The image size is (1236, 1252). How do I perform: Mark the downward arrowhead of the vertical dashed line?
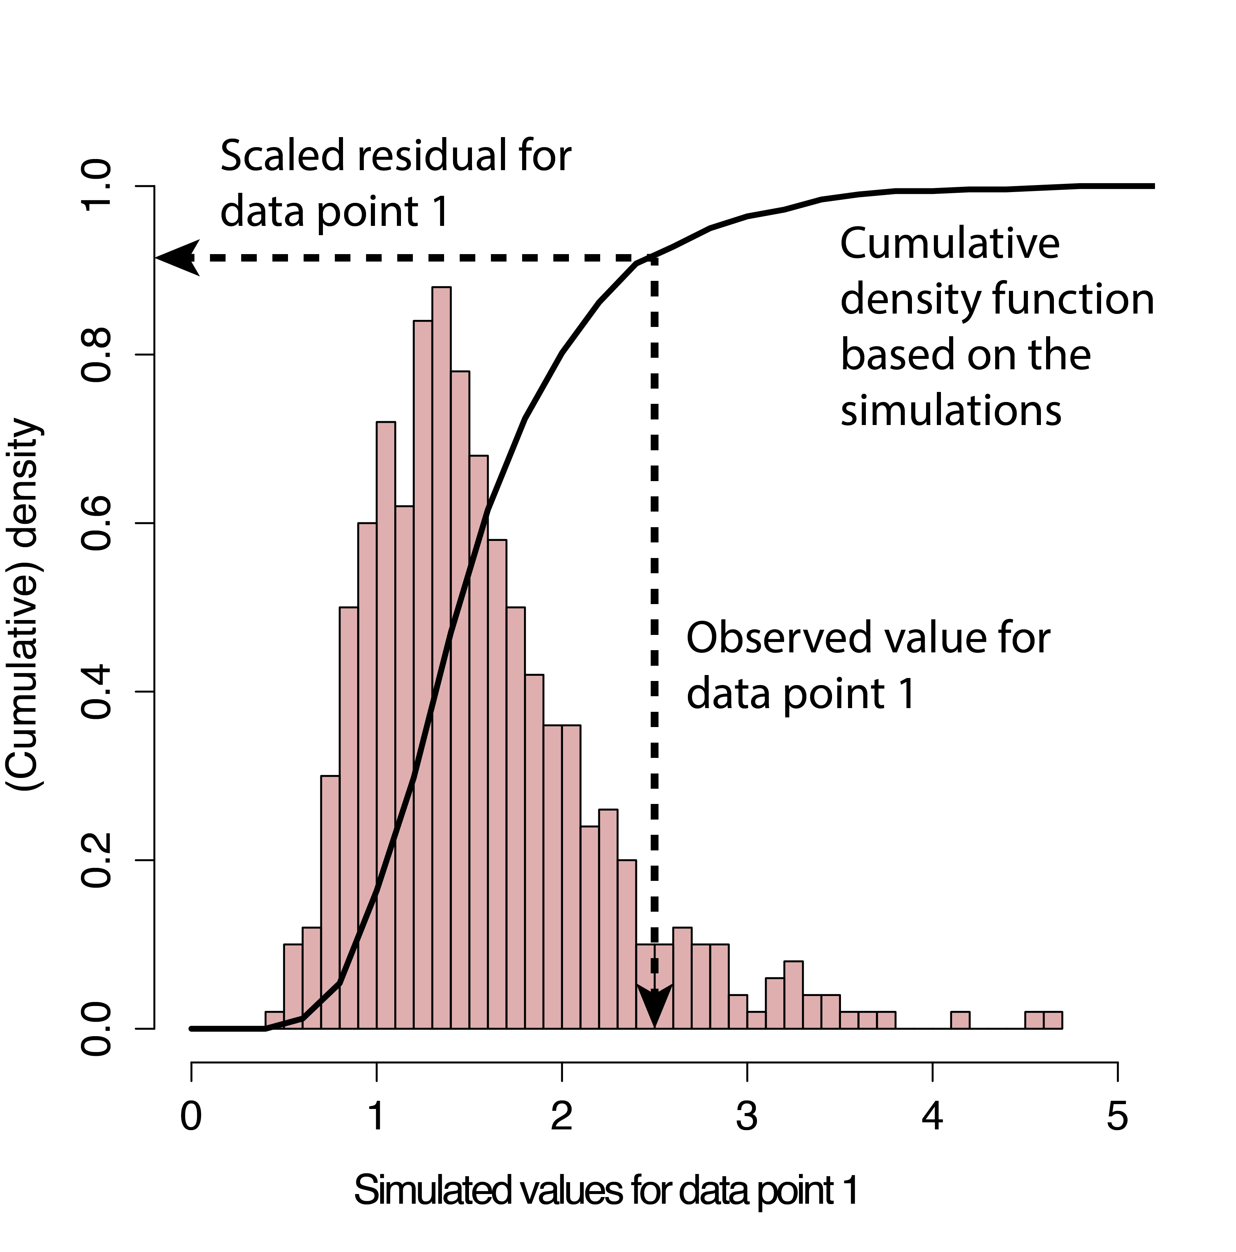click(655, 1007)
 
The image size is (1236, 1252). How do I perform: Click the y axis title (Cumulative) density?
click(25, 604)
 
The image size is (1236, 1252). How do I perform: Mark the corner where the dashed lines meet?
click(655, 258)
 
